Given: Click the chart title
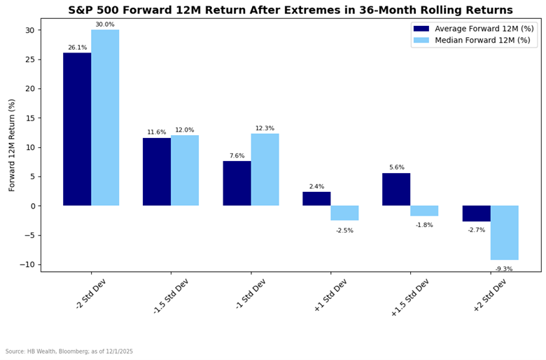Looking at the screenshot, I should pyautogui.click(x=290, y=10).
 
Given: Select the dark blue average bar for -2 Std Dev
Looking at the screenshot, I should pyautogui.click(x=77, y=129).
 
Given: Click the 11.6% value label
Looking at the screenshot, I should pyautogui.click(x=157, y=132).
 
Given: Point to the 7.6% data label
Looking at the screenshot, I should pyautogui.click(x=237, y=156).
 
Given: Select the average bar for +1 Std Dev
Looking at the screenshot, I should pyautogui.click(x=316, y=199).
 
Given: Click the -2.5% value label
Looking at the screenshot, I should pyautogui.click(x=344, y=230).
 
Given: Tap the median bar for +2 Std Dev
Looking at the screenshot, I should pyautogui.click(x=504, y=233).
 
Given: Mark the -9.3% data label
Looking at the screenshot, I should pyautogui.click(x=504, y=269).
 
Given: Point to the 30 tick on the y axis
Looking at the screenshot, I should pyautogui.click(x=29, y=30).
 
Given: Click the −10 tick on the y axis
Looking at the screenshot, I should pyautogui.click(x=27, y=264).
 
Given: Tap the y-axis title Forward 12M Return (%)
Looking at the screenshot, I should pyautogui.click(x=12, y=145).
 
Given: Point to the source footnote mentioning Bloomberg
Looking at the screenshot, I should pyautogui.click(x=69, y=352).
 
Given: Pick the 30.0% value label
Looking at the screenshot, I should pyautogui.click(x=105, y=25).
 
